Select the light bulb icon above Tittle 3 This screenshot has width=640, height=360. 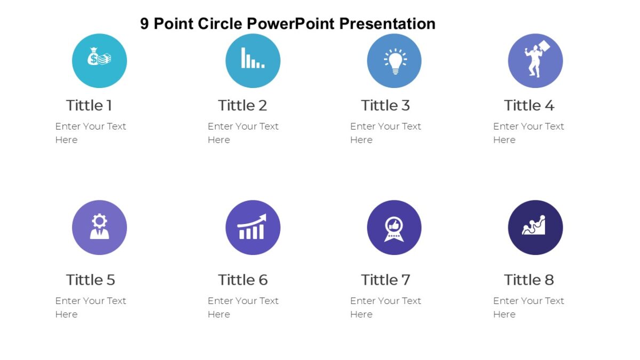click(395, 60)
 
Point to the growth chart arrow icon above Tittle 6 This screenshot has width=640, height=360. click(253, 227)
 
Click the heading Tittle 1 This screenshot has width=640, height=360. click(89, 106)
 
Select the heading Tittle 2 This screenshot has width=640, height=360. click(242, 106)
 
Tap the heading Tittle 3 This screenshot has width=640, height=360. click(385, 106)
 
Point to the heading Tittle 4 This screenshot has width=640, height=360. click(529, 106)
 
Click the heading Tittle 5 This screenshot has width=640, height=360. click(90, 280)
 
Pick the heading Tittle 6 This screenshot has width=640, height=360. click(243, 280)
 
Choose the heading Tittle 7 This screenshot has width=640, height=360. click(385, 280)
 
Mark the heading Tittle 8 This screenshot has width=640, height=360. click(529, 280)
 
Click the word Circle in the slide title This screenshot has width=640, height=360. click(220, 24)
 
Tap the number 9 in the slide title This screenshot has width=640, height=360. click(145, 24)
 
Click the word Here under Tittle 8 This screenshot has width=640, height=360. click(504, 315)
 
